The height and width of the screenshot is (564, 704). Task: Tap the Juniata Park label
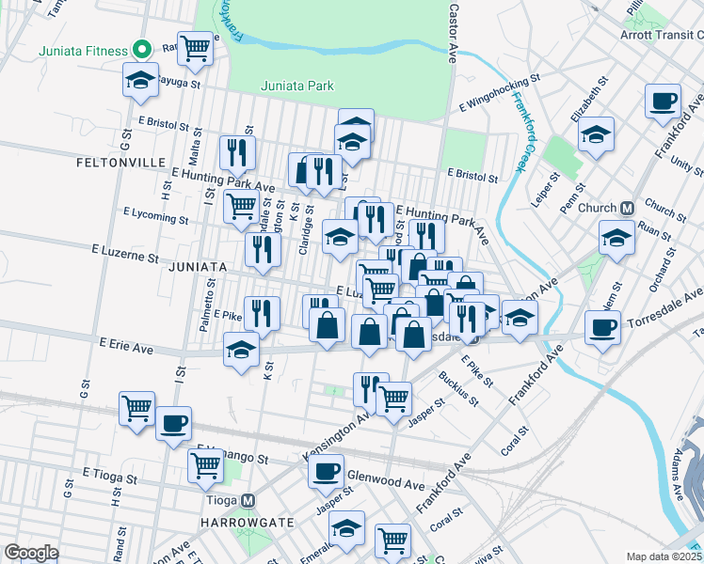click(x=297, y=86)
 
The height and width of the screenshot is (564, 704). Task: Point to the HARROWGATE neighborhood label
click(x=234, y=522)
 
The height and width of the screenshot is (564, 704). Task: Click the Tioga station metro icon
click(x=248, y=501)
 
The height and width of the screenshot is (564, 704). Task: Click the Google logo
click(x=30, y=553)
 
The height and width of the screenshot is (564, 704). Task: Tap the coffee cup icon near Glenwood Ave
click(x=327, y=470)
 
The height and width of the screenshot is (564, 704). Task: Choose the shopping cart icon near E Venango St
click(x=206, y=464)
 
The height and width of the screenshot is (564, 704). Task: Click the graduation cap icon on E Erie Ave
click(x=242, y=350)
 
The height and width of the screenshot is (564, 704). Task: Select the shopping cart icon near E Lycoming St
click(x=242, y=205)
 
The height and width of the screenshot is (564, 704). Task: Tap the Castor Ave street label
click(x=454, y=31)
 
